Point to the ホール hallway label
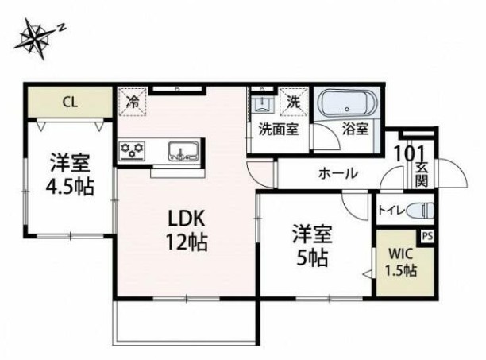337,173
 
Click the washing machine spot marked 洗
293,102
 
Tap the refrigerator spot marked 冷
133,102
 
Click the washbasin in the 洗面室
260,106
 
